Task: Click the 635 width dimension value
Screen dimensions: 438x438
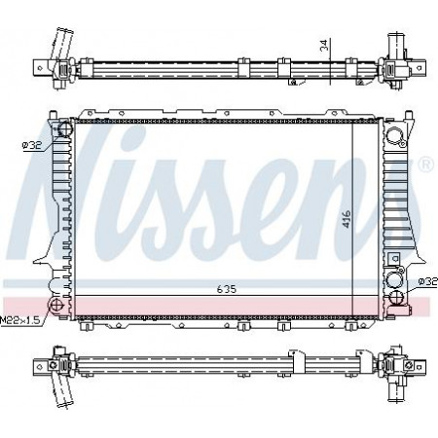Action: pos(227,289)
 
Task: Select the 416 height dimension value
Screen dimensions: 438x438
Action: pos(347,219)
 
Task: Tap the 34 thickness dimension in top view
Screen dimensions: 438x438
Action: pos(324,45)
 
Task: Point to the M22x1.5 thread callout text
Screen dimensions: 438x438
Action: pos(20,320)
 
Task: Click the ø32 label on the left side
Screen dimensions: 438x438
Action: pos(32,146)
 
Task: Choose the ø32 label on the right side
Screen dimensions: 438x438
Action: pos(428,281)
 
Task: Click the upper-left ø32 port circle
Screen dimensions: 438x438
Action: pos(64,128)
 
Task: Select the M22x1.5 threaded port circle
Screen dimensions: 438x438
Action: pos(55,305)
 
